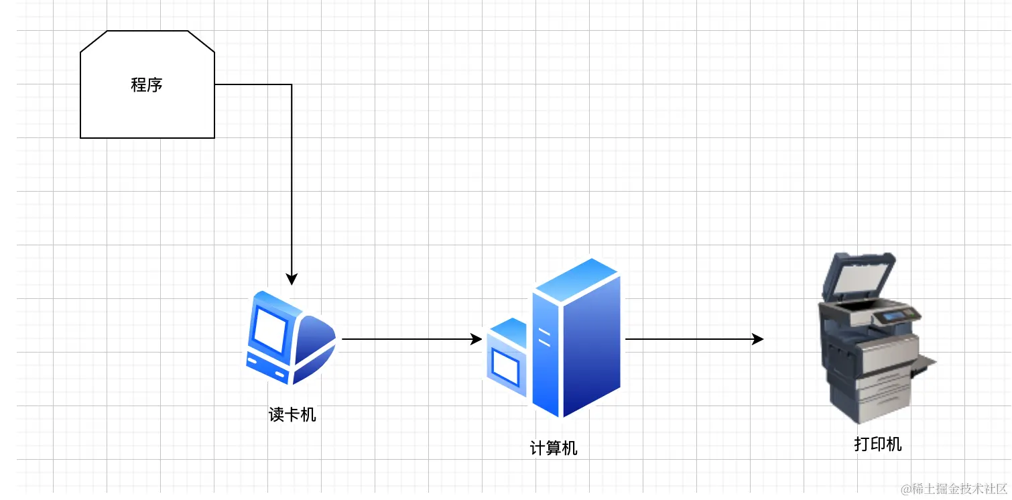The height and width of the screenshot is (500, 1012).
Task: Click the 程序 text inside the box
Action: [147, 85]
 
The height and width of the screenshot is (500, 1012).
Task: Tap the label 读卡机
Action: [292, 415]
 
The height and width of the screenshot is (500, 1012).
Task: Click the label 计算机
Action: [554, 448]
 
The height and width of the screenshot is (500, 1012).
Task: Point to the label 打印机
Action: [878, 444]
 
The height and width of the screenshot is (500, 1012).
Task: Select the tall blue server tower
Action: [576, 338]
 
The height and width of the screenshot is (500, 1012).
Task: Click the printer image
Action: [871, 342]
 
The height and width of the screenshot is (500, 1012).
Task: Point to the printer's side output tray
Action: [927, 363]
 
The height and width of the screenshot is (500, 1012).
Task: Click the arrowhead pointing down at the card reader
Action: [292, 279]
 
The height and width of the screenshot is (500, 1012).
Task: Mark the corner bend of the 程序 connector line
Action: [292, 84]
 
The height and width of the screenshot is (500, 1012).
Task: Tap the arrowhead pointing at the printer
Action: [758, 339]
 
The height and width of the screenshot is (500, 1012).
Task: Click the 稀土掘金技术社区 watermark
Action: [954, 489]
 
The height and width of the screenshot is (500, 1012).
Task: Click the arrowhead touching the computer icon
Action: [477, 339]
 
